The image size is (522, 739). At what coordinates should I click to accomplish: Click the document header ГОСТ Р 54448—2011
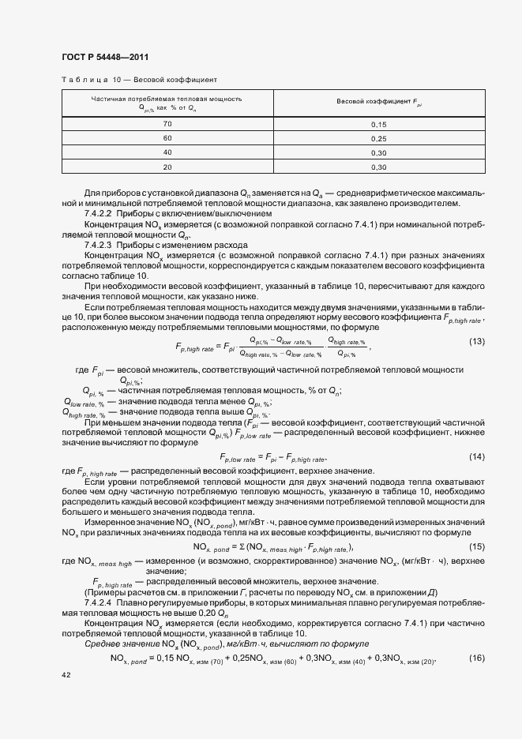[x=104, y=57]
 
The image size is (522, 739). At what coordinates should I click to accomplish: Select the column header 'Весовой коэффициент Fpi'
[x=379, y=103]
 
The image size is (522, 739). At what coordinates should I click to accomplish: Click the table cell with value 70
[x=167, y=125]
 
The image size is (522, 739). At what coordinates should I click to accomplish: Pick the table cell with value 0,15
[x=379, y=125]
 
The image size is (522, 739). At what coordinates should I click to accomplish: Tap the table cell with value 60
[x=167, y=138]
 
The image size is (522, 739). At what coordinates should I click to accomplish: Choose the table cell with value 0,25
[x=379, y=138]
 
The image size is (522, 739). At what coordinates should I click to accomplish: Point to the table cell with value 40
[x=167, y=152]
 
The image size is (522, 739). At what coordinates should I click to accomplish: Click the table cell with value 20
[x=167, y=167]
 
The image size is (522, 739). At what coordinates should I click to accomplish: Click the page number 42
[x=66, y=676]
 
